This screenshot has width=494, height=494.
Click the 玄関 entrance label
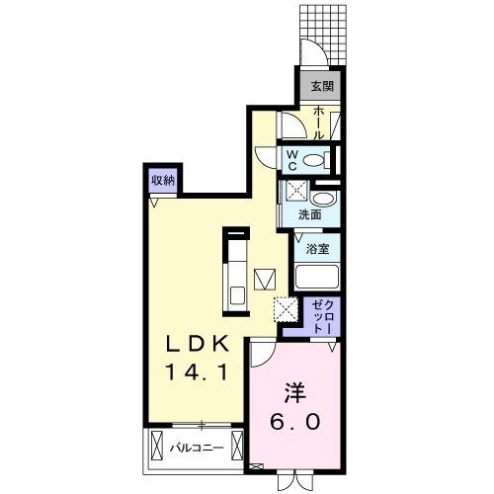[321, 86]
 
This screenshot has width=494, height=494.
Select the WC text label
[293, 159]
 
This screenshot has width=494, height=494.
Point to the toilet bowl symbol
[315, 160]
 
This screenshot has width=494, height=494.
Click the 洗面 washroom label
[310, 213]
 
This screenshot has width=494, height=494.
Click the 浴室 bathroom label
[317, 249]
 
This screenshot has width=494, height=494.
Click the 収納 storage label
[163, 180]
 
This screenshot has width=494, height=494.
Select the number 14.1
[197, 375]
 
